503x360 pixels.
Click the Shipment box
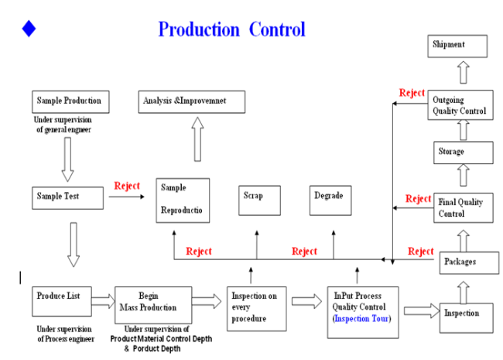tap(459, 46)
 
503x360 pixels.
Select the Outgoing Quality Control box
tap(460, 105)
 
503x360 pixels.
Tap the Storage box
tap(460, 152)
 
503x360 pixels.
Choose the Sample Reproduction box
tap(183, 201)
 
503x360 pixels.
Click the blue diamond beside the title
tap(29, 29)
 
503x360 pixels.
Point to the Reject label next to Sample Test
tap(127, 186)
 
